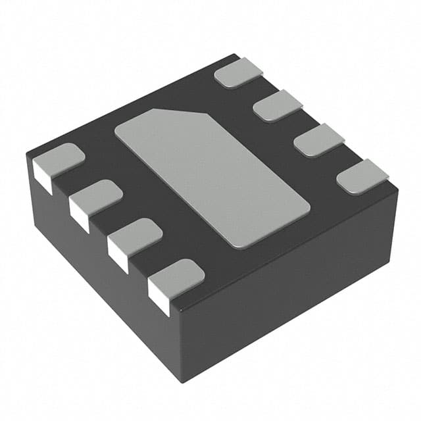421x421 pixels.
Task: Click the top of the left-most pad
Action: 59,158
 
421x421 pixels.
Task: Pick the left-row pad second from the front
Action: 136,234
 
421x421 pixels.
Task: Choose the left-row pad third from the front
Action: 96,195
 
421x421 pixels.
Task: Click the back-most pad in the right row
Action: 239,72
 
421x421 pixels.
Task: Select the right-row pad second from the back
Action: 278,105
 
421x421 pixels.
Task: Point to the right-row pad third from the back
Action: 319,139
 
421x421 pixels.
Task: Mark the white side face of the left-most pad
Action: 42,178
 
